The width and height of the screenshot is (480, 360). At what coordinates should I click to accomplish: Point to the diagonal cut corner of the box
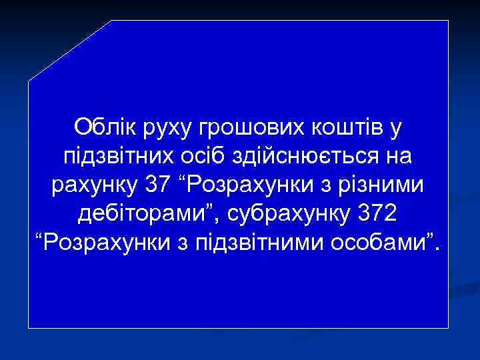click(69, 51)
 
